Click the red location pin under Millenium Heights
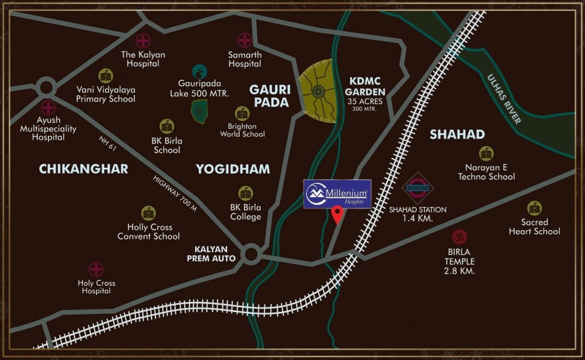pos(337,214)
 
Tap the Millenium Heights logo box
pos(337,193)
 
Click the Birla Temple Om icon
pos(460,237)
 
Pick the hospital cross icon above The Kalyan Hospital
pos(143,41)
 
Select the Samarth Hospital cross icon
pos(244,41)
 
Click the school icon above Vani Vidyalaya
pos(105,75)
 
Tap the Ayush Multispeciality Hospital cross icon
pos(48,107)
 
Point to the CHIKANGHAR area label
pos(84,169)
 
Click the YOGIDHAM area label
pos(233,169)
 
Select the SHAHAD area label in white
pos(457,135)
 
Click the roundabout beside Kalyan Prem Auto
pos(252,253)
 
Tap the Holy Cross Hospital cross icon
pos(96,270)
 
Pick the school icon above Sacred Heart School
pos(534,208)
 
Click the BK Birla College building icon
pos(246,193)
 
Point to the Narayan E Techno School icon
pos(486,153)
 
